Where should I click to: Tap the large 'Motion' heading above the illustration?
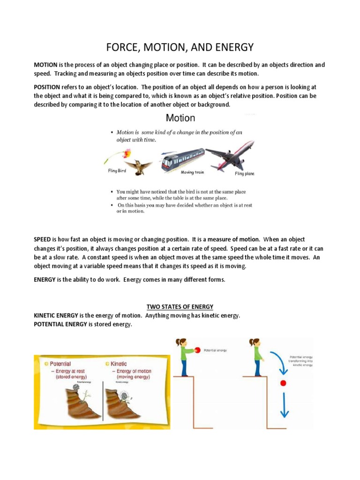click(x=180, y=118)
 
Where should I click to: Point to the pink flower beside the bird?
click(x=125, y=153)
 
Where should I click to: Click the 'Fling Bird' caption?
click(x=117, y=171)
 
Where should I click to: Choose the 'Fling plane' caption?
click(x=244, y=173)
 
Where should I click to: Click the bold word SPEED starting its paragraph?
click(x=42, y=240)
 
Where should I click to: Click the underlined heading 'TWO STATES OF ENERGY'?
click(x=180, y=307)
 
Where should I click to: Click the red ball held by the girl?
click(x=198, y=350)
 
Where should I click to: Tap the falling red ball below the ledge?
click(x=283, y=383)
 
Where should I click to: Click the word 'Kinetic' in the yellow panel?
click(x=119, y=364)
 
